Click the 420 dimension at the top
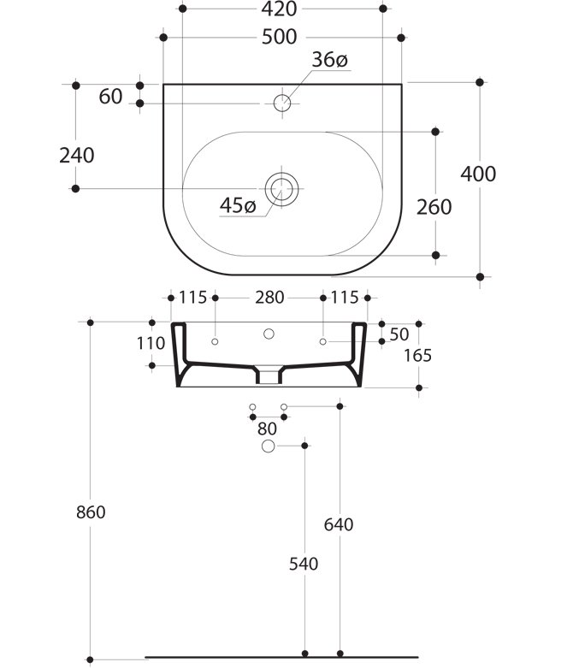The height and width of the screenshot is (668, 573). click(281, 10)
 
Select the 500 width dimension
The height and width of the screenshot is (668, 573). click(281, 37)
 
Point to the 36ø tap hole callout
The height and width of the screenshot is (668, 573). click(329, 60)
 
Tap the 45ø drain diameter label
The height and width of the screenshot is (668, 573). click(238, 206)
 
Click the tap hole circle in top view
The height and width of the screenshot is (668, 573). click(282, 103)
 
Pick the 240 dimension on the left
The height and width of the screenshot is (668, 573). click(77, 156)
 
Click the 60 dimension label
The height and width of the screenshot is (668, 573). click(111, 97)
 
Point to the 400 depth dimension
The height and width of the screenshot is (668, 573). click(478, 174)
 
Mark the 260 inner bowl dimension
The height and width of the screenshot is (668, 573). click(434, 206)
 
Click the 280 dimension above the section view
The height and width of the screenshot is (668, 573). click(269, 298)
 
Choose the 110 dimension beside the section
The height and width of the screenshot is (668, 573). click(151, 343)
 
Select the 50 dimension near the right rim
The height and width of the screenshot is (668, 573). click(399, 334)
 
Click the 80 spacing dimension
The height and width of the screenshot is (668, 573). click(267, 429)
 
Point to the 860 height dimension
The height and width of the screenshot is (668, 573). click(90, 512)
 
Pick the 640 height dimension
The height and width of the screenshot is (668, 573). click(340, 524)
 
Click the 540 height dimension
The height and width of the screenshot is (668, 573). click(304, 564)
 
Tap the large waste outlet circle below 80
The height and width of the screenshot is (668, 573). click(268, 446)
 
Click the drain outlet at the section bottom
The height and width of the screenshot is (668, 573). click(269, 375)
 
